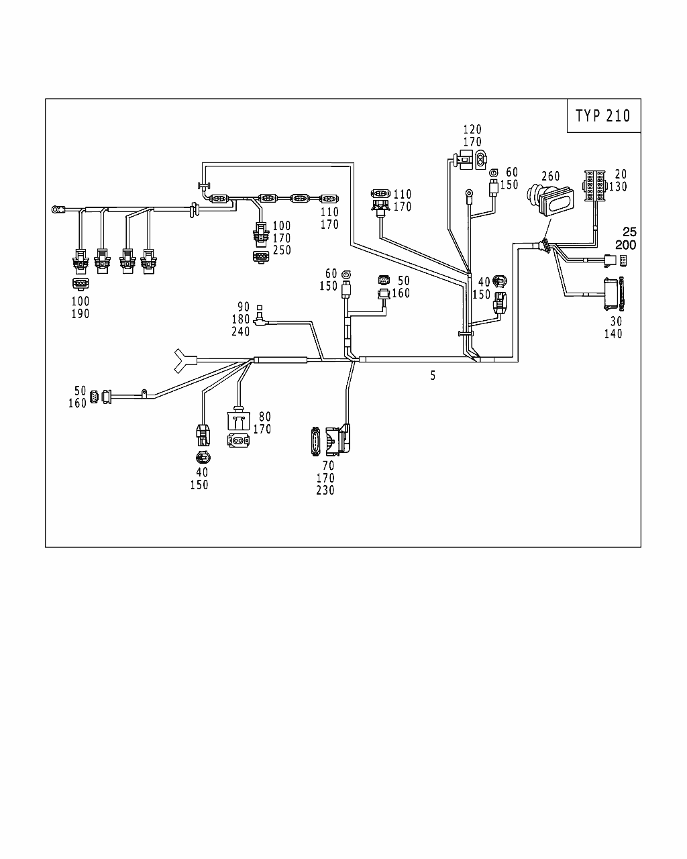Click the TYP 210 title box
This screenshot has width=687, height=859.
pos(603,115)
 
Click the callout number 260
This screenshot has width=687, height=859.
pos(550,176)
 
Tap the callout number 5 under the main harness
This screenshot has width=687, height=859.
pos(433,376)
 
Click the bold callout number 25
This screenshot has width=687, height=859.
pos(629,232)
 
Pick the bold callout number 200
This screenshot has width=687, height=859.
pos(625,245)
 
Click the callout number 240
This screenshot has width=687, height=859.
pos(241,332)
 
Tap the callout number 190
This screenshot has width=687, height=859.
pos(80,313)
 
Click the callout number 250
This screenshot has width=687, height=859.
pos(281,250)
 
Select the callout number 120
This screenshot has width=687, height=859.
pos(472,130)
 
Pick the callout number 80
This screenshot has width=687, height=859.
pos(265,417)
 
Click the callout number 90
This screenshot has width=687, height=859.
pos(243,307)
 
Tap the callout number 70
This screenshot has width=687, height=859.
pos(328,465)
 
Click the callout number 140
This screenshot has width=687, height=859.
pos(613,334)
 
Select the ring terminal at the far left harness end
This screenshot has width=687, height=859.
pos(55,210)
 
